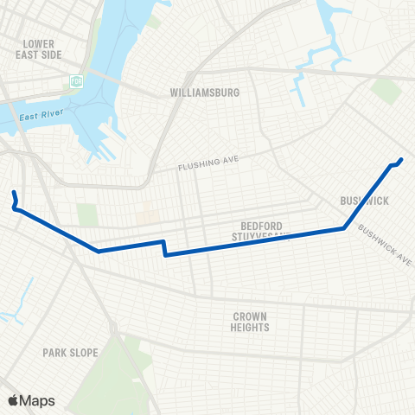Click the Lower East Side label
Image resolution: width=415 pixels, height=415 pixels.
coord(40,48)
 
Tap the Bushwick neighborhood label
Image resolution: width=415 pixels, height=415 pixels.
coord(365,201)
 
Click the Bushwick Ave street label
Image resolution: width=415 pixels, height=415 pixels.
coord(385,246)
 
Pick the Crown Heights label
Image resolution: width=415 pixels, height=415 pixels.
coord(250,322)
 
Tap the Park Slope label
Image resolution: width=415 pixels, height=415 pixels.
coord(70,353)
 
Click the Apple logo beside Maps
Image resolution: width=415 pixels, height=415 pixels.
coord(13,400)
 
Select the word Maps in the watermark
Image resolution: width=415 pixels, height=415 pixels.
coord(37,400)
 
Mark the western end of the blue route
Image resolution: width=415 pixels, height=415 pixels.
coord(14,191)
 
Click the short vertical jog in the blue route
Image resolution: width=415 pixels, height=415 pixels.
coord(163,248)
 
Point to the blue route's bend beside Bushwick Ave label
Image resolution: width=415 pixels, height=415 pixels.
coord(345,228)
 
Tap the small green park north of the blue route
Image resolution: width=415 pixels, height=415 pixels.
coord(87,214)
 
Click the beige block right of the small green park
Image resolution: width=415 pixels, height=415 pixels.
coord(148,214)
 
